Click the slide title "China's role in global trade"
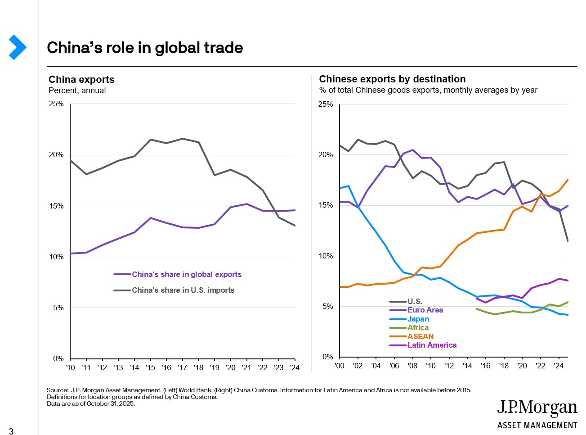pos(145,48)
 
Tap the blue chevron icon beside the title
pos(18,47)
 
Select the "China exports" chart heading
pos(81,80)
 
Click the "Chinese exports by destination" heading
pos(392,79)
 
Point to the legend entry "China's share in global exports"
pos(186,274)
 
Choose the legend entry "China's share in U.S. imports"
pos(183,290)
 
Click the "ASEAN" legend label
pos(420,336)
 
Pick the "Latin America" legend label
pos(432,345)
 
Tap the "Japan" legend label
pos(418,319)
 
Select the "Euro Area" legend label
pos(425,310)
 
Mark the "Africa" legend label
pos(418,327)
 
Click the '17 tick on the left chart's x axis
pos(182,367)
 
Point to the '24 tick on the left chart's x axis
pos(295,367)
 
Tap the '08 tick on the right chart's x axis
pos(412,366)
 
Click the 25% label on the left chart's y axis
pos(56,104)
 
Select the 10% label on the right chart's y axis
pos(326,256)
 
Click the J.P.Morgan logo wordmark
pos(537,408)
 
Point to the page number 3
pos(11,431)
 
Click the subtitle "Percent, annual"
pos(77,91)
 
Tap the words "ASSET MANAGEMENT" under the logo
pos(537,425)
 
